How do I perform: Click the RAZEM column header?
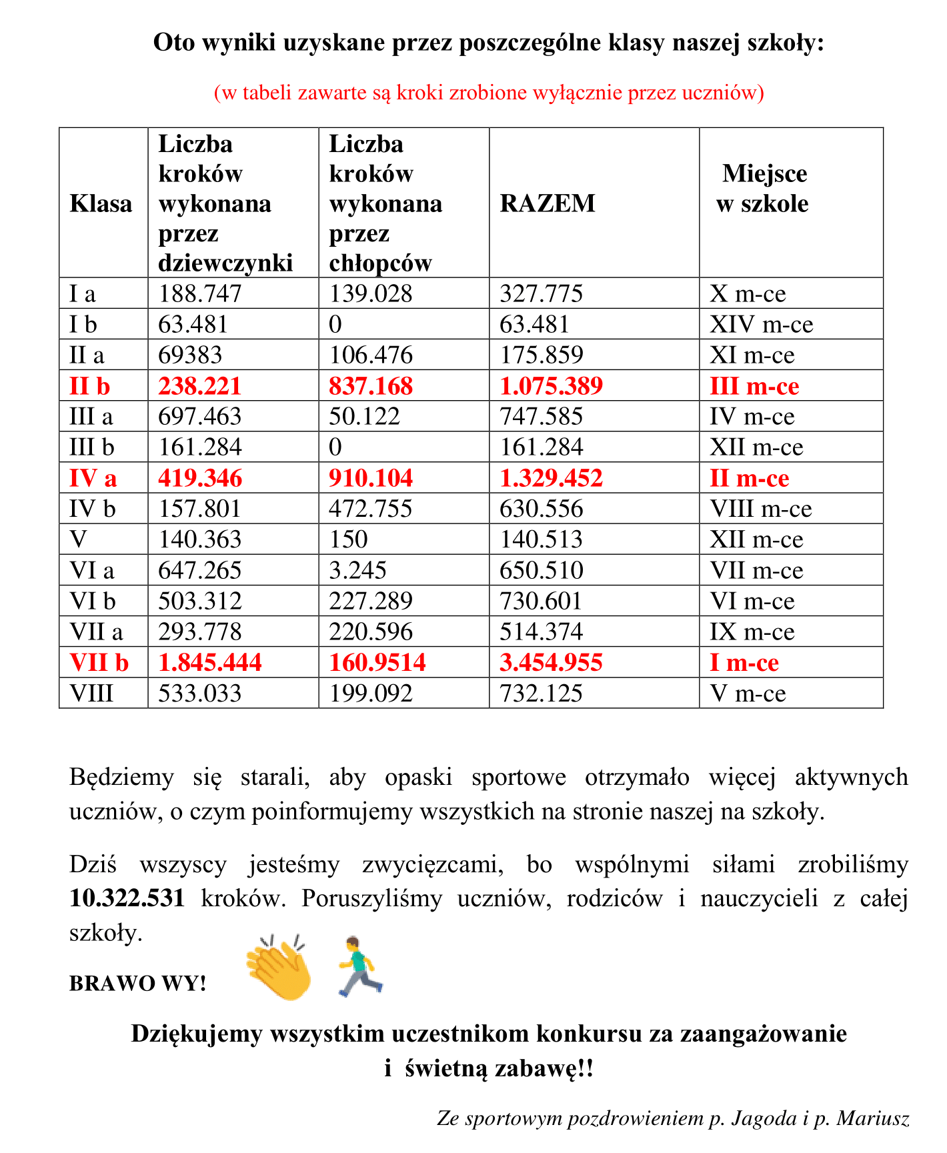pos(548,203)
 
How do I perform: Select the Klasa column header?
pos(101,203)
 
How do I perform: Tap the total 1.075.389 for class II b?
pos(551,386)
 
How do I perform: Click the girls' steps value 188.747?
pos(199,293)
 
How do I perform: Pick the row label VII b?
pos(99,663)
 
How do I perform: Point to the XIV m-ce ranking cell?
pos(761,325)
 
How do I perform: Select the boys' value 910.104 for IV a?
pos(371,478)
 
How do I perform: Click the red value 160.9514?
pos(377,663)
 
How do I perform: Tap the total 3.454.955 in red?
pos(551,663)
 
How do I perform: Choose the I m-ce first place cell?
pos(744,663)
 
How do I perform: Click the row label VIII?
pos(91,694)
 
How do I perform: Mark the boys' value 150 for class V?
pos(348,539)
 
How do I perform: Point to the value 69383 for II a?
pos(189,355)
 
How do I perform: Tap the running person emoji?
pos(359,966)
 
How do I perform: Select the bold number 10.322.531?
pos(127,898)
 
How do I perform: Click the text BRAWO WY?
pos(137,984)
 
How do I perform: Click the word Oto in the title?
pos(175,43)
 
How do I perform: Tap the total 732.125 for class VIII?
pos(541,694)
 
